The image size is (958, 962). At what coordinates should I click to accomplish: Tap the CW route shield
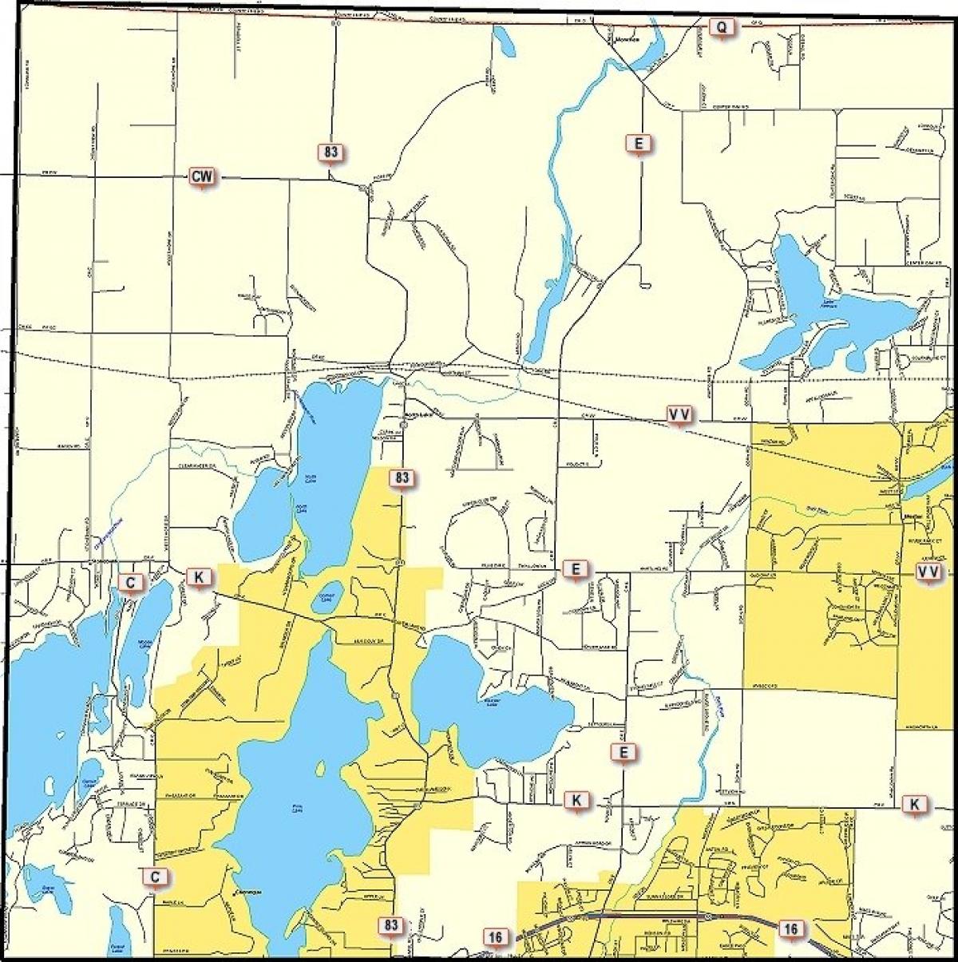(202, 176)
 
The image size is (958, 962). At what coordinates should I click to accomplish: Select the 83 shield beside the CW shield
(332, 152)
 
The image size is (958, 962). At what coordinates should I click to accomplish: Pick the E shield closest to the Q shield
(638, 144)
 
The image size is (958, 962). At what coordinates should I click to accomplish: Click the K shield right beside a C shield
(199, 576)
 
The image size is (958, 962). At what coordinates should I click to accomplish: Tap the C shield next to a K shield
(130, 582)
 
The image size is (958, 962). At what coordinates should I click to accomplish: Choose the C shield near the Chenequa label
(156, 877)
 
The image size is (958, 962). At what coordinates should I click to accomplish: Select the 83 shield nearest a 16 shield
(390, 925)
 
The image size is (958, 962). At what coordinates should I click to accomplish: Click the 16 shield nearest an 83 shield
(495, 936)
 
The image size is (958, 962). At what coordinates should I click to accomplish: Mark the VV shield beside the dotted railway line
(679, 414)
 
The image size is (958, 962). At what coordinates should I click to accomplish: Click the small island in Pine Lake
(321, 769)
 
